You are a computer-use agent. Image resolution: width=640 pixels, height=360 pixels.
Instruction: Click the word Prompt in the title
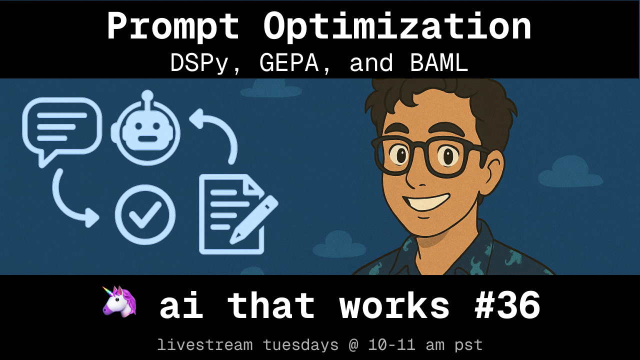point(173,27)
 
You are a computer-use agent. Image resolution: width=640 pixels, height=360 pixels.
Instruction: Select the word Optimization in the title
point(397,27)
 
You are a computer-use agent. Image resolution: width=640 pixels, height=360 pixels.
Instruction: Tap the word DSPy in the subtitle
point(199,63)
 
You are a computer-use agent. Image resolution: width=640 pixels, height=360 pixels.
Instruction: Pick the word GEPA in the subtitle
point(289,63)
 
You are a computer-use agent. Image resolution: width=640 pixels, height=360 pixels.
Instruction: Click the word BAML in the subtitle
point(439,63)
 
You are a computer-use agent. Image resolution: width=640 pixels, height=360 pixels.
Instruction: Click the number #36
point(507,305)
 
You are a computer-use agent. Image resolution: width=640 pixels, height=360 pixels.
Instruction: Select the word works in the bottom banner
point(394,305)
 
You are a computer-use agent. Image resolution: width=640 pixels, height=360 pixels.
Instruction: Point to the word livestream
point(205,344)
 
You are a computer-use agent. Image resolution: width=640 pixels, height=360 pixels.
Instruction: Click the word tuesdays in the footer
point(300,345)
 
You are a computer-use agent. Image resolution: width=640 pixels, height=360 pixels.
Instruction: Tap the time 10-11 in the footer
point(391,344)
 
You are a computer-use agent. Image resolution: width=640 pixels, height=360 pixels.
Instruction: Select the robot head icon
point(145,128)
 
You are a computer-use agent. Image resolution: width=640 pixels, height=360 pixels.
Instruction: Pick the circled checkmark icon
point(145,214)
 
